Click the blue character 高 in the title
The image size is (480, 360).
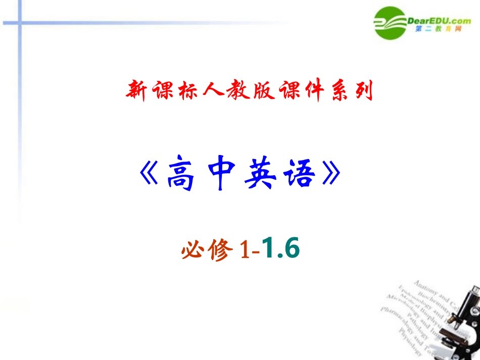tap(180, 175)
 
